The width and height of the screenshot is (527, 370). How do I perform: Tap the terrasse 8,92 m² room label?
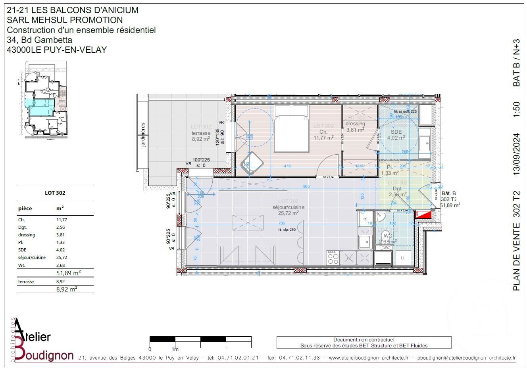point(201,136)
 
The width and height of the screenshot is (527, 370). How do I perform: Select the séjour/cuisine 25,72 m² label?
point(289,210)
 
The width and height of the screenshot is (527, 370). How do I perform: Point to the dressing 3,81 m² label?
point(355,127)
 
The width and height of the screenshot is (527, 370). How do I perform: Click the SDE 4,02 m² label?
point(396,135)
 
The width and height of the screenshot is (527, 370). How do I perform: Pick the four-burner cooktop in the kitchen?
point(333,259)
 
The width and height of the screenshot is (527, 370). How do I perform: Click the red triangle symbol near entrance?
point(422,215)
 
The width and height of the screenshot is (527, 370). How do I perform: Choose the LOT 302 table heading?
point(55,193)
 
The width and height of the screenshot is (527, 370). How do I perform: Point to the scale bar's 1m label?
point(175,349)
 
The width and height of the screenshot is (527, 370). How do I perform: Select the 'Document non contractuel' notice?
point(364,340)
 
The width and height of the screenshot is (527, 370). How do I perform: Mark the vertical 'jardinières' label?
point(143,135)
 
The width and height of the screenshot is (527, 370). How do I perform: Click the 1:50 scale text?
point(516,109)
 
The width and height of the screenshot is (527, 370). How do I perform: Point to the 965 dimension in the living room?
point(306,186)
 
